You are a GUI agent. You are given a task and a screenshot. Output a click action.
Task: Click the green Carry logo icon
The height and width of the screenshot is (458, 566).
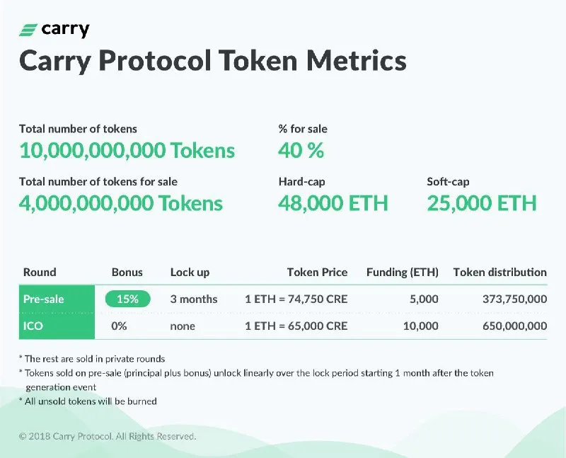[x=28, y=30]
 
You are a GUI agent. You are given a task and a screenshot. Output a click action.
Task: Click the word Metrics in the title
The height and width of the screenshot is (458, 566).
[x=357, y=60]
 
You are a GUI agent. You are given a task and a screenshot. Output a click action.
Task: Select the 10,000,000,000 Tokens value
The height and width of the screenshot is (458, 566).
[x=127, y=150]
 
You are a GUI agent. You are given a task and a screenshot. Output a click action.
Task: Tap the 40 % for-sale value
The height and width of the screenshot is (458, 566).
[x=301, y=150]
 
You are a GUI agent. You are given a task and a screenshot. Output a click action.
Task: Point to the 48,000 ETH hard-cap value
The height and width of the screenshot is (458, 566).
[x=333, y=203]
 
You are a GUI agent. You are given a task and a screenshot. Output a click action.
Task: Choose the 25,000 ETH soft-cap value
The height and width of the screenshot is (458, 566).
[x=482, y=203]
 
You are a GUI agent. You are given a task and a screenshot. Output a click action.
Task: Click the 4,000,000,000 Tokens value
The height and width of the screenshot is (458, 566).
[x=121, y=203]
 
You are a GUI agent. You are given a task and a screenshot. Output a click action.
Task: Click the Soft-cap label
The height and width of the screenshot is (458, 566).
[x=448, y=181]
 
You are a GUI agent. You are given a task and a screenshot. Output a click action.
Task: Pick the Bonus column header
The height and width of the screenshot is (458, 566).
[x=127, y=272]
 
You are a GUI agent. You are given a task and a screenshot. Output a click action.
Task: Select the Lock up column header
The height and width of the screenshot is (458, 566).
[x=190, y=273]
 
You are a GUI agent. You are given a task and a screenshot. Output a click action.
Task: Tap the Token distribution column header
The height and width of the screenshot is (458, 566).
[x=500, y=272]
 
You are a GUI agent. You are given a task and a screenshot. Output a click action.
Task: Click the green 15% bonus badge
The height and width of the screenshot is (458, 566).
[x=128, y=299]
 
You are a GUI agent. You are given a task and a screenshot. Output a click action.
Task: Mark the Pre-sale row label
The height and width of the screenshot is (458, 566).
[x=43, y=299]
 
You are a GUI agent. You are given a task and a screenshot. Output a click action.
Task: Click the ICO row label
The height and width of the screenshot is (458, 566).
[x=33, y=326]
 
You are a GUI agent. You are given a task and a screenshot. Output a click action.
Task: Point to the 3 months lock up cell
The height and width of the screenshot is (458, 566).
[x=194, y=299]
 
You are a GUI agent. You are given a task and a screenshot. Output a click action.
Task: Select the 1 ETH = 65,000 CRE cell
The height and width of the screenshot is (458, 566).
[x=296, y=326]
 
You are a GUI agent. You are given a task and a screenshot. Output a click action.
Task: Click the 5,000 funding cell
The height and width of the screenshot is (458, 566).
[x=424, y=299]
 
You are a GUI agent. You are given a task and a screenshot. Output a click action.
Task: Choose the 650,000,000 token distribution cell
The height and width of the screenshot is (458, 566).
[x=515, y=326]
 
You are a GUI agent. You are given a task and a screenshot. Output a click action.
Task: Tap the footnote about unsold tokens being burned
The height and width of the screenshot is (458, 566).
[x=88, y=401]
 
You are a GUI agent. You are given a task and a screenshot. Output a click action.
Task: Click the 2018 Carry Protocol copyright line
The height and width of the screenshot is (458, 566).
[x=108, y=436]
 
